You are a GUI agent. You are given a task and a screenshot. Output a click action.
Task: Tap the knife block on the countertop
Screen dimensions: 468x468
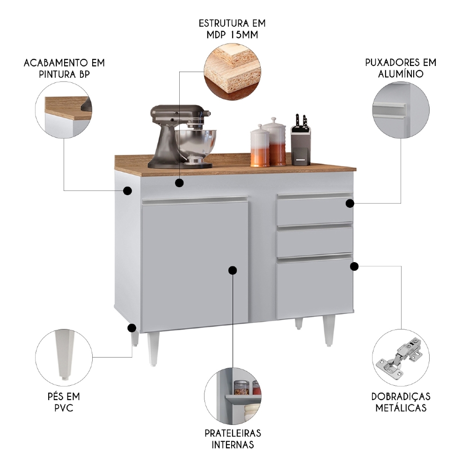[x=300, y=145]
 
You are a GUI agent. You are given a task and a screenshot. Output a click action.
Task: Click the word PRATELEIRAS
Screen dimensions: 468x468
[x=233, y=433]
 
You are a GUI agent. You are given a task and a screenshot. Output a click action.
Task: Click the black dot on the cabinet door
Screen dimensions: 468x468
[x=233, y=270]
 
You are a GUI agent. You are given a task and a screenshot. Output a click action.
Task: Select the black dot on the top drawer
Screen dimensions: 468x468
[x=350, y=203]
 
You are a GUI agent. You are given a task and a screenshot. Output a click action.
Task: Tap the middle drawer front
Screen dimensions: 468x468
[x=314, y=242]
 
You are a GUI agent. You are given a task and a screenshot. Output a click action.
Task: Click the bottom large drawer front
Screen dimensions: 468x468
[x=314, y=288]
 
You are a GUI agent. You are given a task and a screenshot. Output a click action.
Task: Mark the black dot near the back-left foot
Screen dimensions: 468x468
[x=132, y=328]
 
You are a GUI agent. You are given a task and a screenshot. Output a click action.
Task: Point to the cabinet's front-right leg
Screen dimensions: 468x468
[x=329, y=330]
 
